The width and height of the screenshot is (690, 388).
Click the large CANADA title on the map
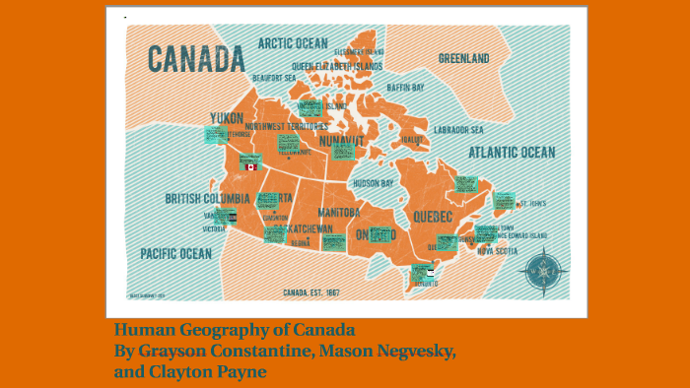click(x=196, y=59)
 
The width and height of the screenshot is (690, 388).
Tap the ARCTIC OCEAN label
click(x=292, y=43)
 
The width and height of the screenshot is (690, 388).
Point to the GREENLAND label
click(x=463, y=59)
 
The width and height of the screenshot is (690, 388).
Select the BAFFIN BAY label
click(x=404, y=88)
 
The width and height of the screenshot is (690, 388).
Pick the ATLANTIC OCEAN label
click(x=511, y=153)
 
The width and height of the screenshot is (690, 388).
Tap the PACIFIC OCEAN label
click(x=175, y=253)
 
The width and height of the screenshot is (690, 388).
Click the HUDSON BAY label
click(x=373, y=183)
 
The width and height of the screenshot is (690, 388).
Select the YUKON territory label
click(x=226, y=118)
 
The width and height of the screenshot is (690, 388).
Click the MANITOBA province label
click(x=338, y=212)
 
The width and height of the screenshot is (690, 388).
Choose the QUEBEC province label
click(x=432, y=216)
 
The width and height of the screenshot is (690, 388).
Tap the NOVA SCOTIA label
click(x=498, y=250)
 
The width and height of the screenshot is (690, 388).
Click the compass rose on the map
click(x=543, y=268)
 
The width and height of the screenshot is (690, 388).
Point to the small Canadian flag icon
click(x=250, y=167)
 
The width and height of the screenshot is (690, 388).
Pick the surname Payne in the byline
click(x=241, y=370)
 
